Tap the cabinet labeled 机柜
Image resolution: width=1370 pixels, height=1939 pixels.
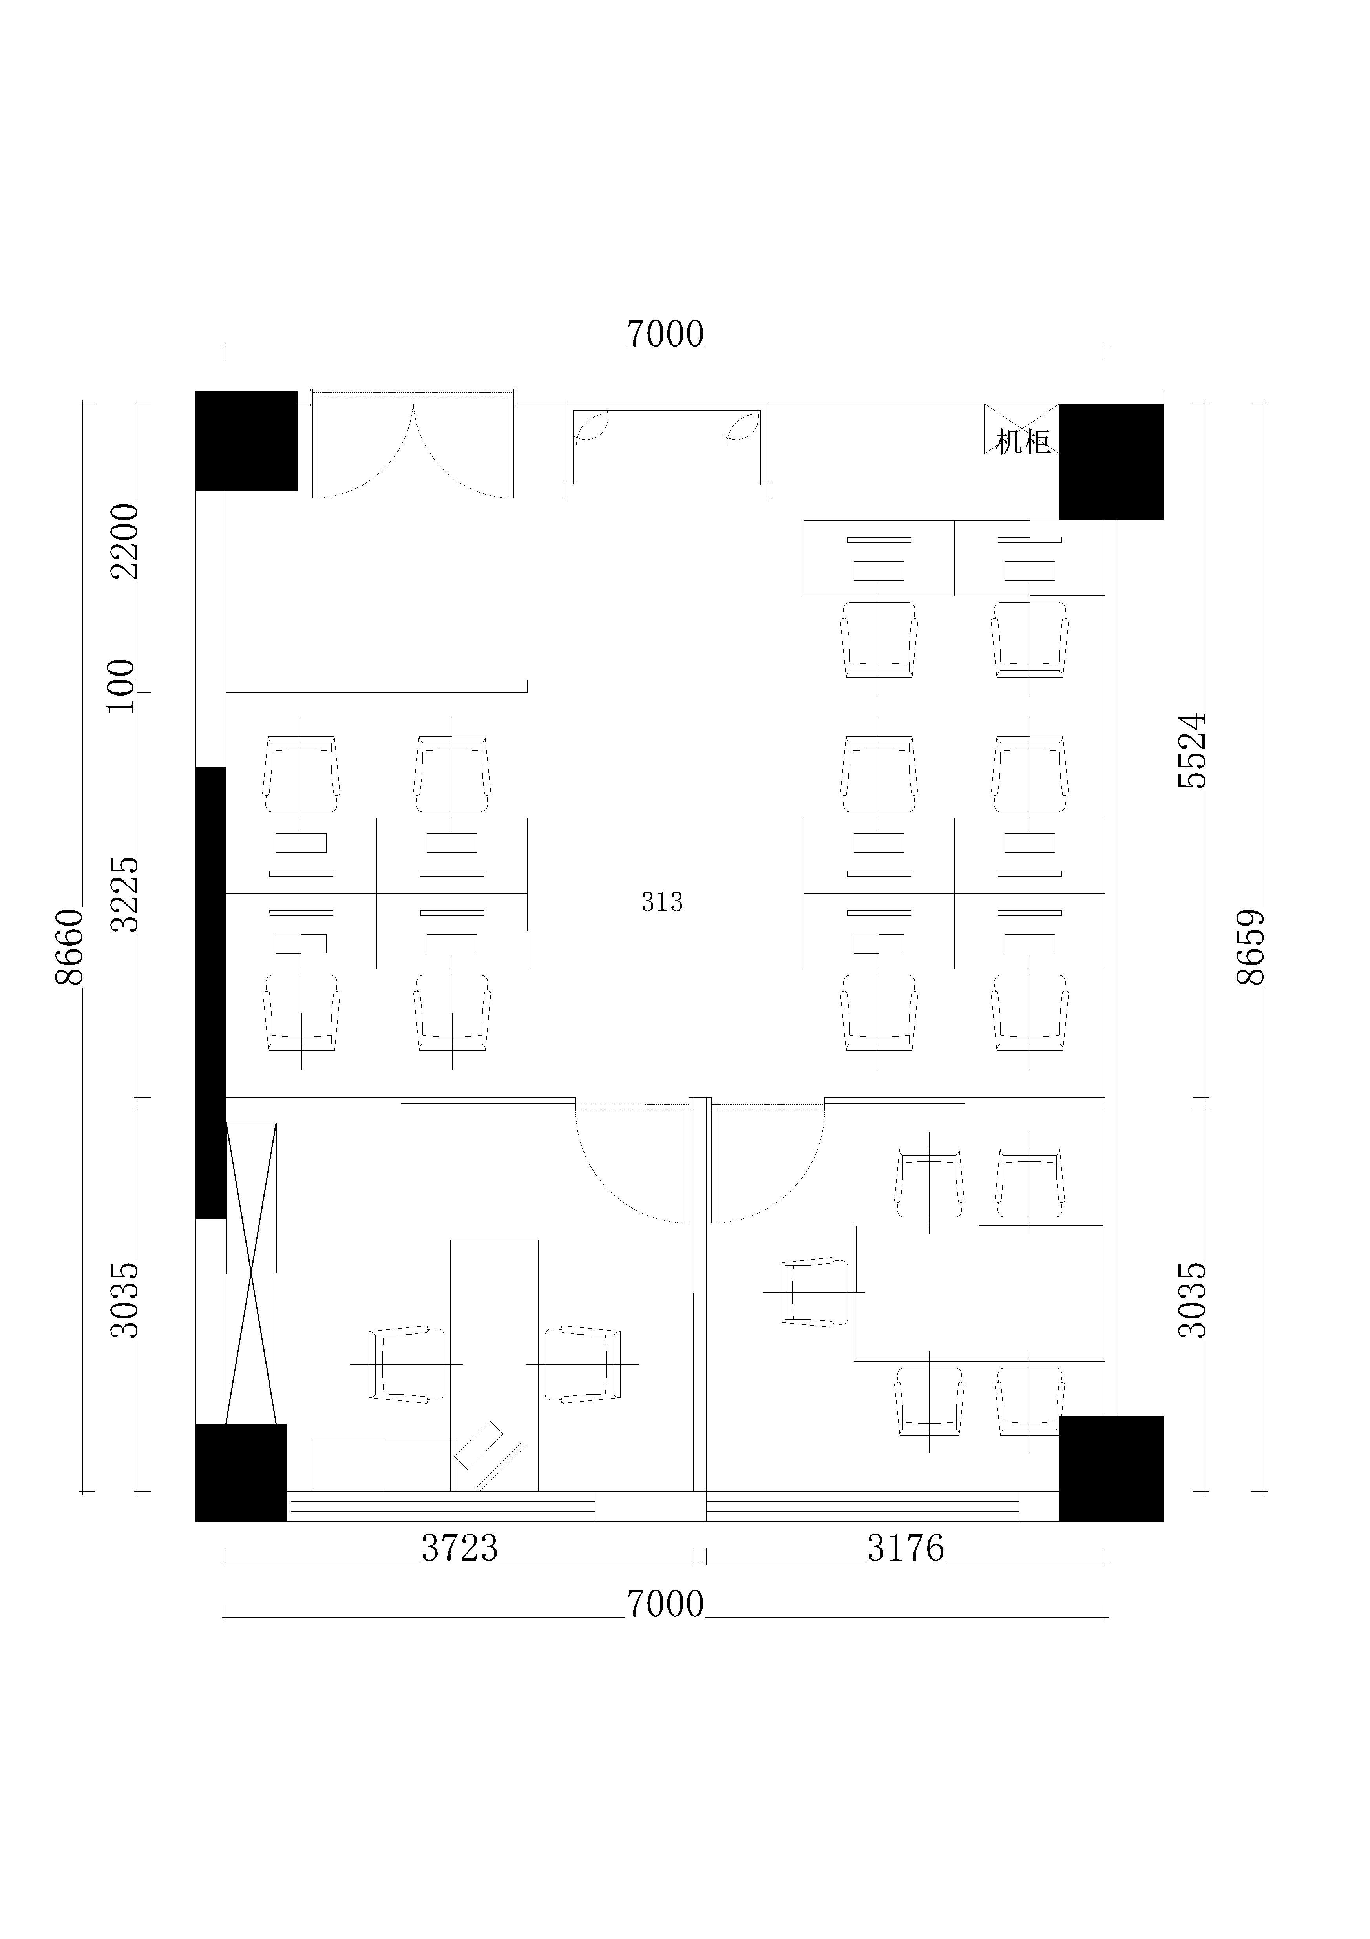coord(1022,429)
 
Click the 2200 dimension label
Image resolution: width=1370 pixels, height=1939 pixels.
coord(124,541)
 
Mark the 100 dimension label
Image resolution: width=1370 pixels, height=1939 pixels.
coord(121,686)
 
